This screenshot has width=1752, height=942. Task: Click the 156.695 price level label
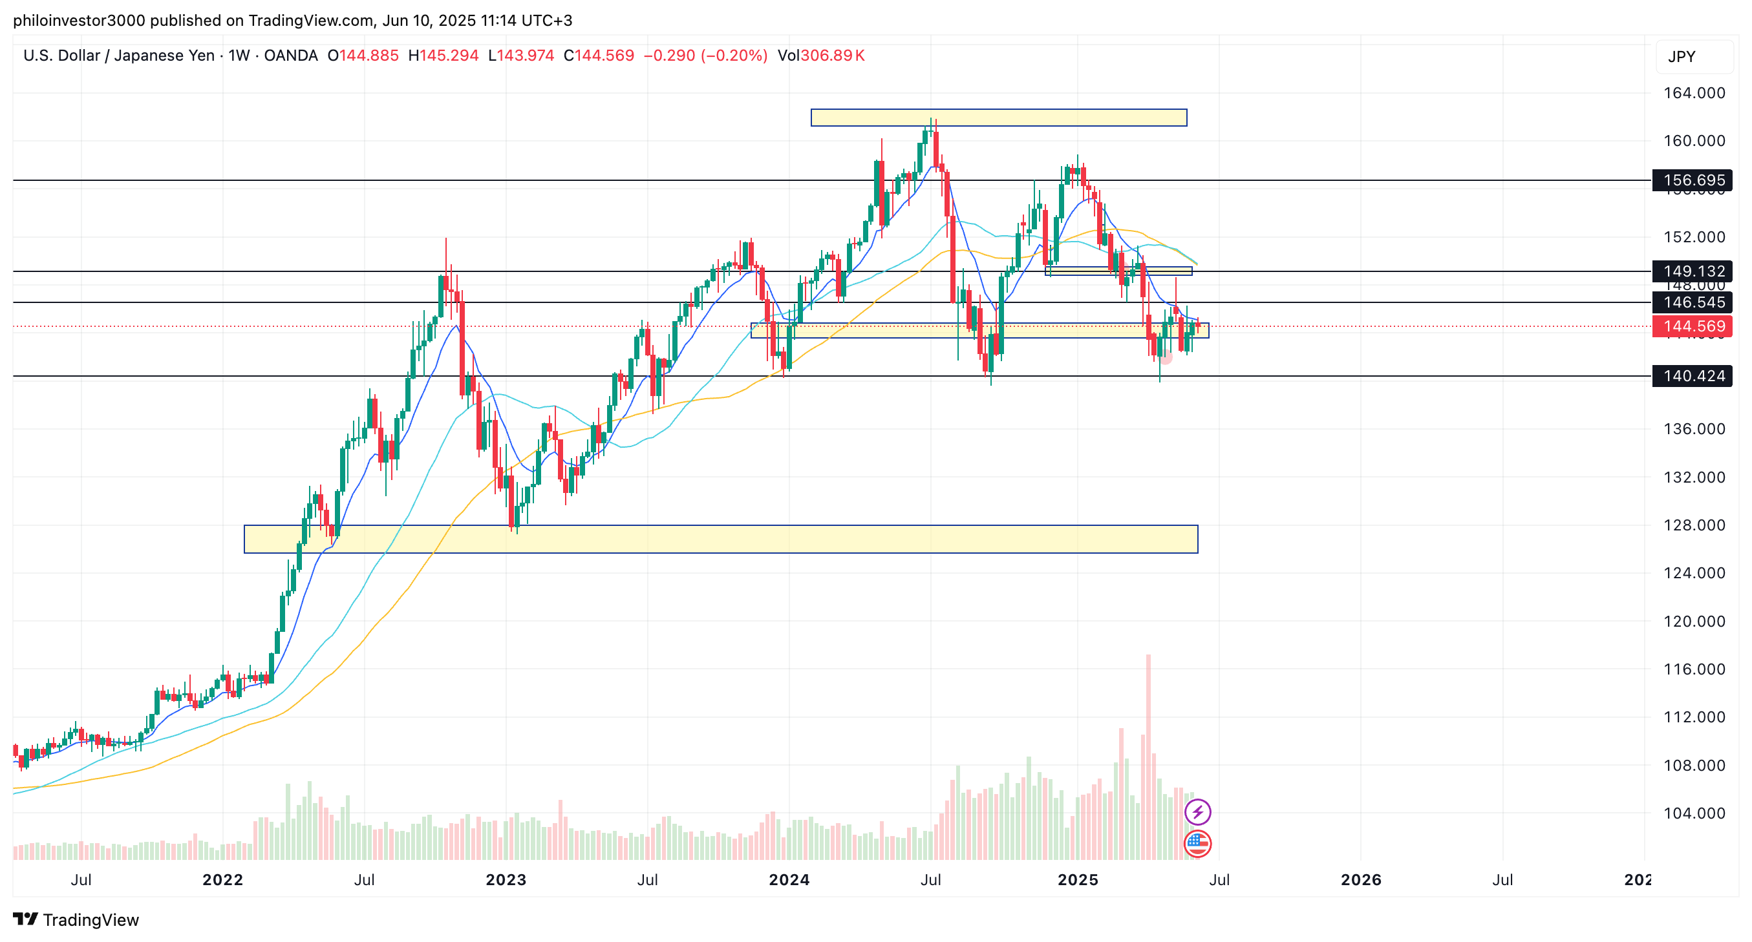tap(1693, 180)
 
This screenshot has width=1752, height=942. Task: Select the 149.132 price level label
tap(1693, 271)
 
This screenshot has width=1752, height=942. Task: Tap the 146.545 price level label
tap(1693, 302)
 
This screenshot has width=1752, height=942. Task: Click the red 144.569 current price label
tap(1693, 326)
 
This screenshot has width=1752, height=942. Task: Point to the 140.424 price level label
tap(1693, 376)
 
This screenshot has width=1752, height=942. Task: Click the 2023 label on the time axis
tap(506, 880)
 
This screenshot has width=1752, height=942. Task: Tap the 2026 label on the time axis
tap(1360, 880)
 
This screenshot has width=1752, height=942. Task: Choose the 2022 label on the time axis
tap(222, 880)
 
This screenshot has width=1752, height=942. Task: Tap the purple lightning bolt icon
tap(1197, 811)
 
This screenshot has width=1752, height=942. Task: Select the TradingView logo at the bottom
tap(76, 919)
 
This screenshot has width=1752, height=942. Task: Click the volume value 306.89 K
tap(832, 56)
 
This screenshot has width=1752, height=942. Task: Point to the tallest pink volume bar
tap(1148, 755)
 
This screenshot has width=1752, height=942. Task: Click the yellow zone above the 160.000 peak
tap(998, 118)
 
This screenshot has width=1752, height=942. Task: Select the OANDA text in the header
tap(290, 56)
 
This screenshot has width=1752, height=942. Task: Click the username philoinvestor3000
tap(79, 21)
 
